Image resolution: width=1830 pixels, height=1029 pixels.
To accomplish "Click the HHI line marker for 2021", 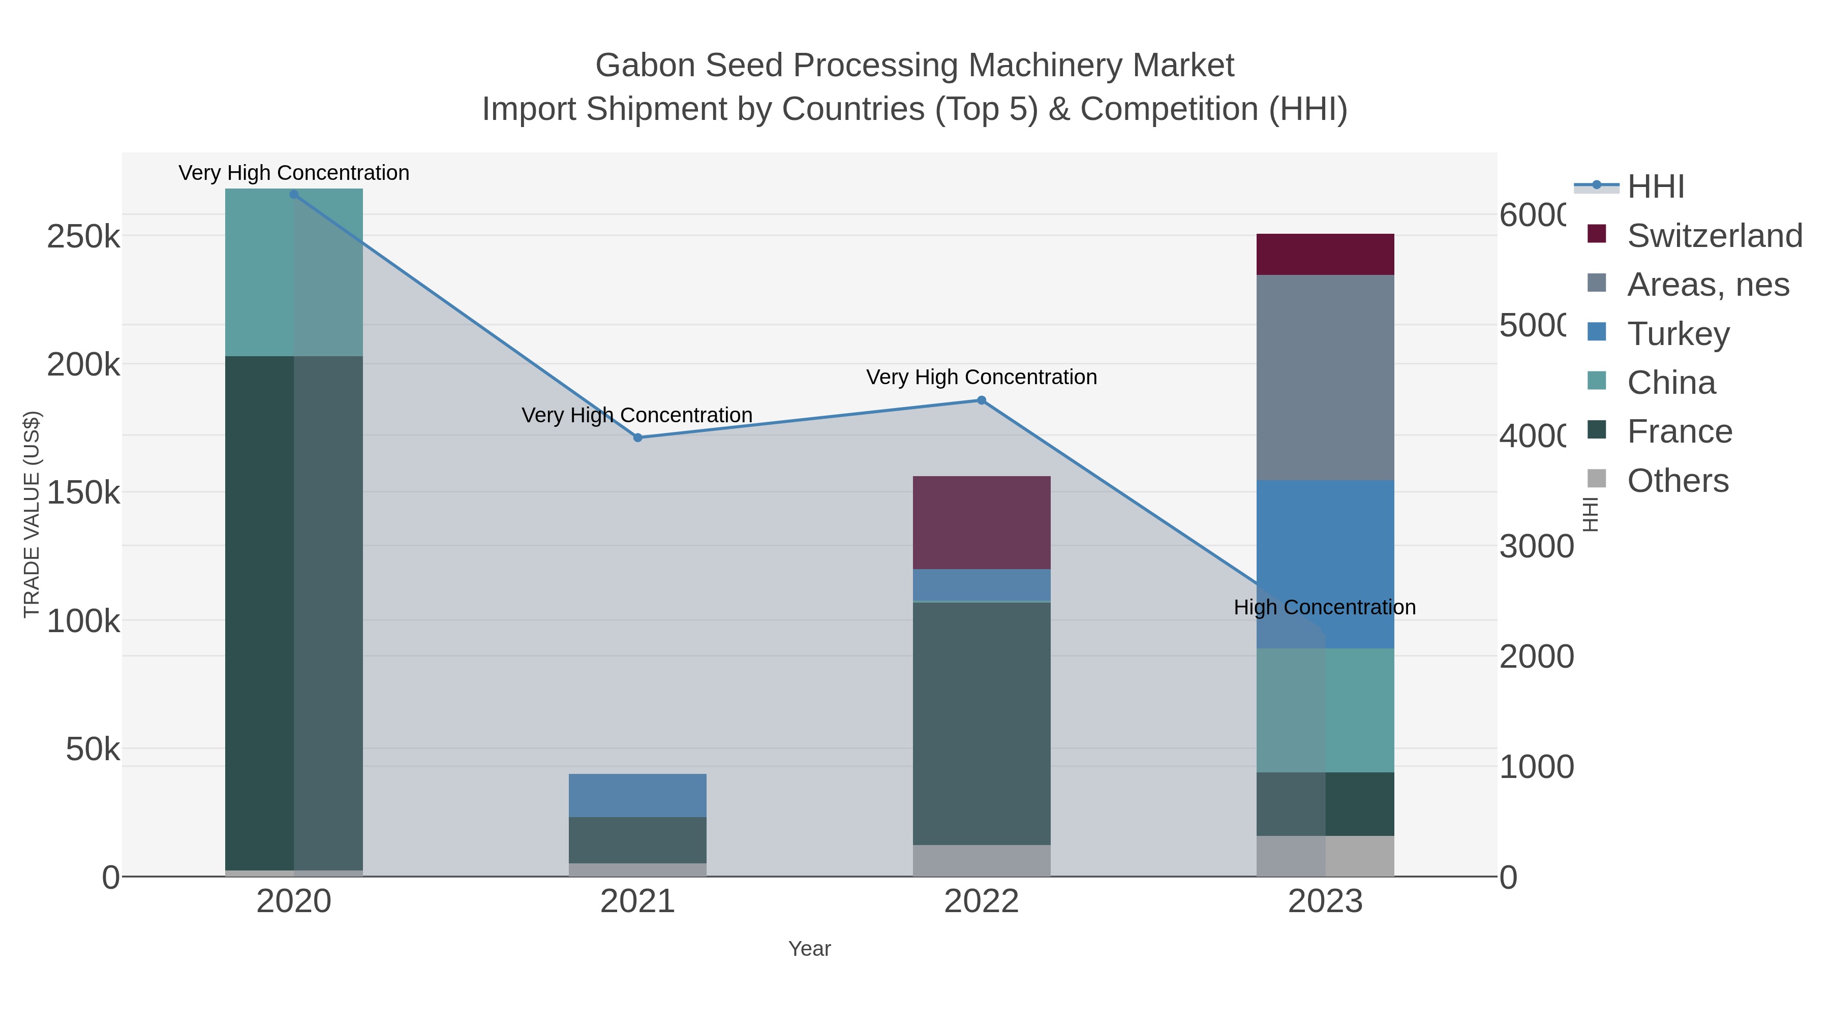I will tap(637, 438).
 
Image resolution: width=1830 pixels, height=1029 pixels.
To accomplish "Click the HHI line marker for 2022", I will tap(981, 400).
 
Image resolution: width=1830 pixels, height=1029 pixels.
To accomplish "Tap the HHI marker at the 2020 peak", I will tap(294, 195).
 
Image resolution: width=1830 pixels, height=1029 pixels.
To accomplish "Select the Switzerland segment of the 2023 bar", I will tap(1325, 254).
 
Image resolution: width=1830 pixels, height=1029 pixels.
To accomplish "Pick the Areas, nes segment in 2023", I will tap(1325, 377).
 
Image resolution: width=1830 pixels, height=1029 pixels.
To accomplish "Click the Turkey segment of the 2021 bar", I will tap(637, 795).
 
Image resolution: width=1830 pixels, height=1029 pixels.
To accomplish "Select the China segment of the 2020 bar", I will tap(294, 273).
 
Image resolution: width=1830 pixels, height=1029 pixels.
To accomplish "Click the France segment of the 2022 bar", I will tap(981, 723).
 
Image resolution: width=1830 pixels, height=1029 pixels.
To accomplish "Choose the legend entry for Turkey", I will tap(1678, 334).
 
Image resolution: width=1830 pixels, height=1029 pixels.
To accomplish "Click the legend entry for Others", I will tap(1677, 481).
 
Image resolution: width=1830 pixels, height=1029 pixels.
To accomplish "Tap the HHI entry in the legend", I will tap(1655, 187).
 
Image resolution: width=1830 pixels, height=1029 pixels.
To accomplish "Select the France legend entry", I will tap(1680, 432).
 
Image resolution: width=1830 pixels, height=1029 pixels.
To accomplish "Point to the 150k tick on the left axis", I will tap(83, 492).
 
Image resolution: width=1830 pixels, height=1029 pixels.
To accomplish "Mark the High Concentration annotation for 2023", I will tap(1324, 607).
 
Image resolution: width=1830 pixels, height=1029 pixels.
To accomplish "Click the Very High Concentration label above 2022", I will tap(981, 377).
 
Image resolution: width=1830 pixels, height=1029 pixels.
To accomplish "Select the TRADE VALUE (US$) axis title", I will tap(32, 514).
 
